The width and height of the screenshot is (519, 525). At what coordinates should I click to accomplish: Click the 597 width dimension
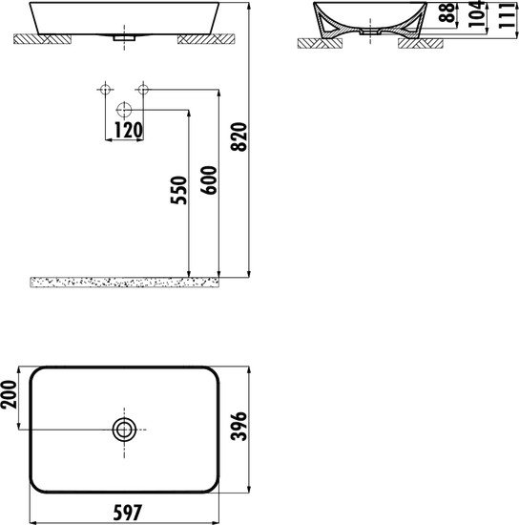coord(125,514)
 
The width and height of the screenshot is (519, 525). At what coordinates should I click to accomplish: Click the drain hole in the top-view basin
coord(124,430)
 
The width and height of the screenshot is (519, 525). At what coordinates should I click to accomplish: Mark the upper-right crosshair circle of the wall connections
coord(142,91)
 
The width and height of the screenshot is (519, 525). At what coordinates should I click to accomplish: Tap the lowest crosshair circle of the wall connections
coord(123,109)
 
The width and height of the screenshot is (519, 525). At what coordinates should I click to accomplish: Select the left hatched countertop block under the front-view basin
coord(47,40)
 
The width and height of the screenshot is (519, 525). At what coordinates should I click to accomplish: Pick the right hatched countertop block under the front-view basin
coord(204,40)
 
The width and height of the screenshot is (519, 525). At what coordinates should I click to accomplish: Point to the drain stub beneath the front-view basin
coord(117,39)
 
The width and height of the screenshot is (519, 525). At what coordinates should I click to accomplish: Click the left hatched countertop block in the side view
coord(315,43)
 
